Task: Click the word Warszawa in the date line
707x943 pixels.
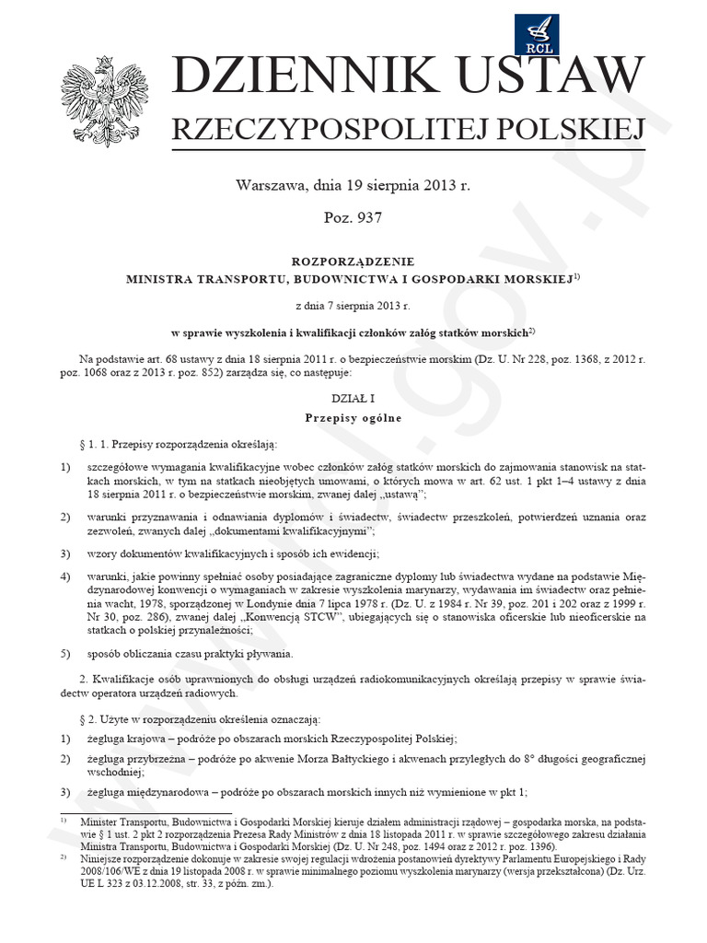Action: (x=272, y=185)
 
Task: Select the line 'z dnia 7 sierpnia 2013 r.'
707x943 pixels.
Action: (x=353, y=304)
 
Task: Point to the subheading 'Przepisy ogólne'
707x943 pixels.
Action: (x=353, y=417)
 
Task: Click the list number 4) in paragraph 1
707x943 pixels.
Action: (x=65, y=576)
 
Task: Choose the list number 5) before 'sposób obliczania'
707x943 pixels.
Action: (x=65, y=654)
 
